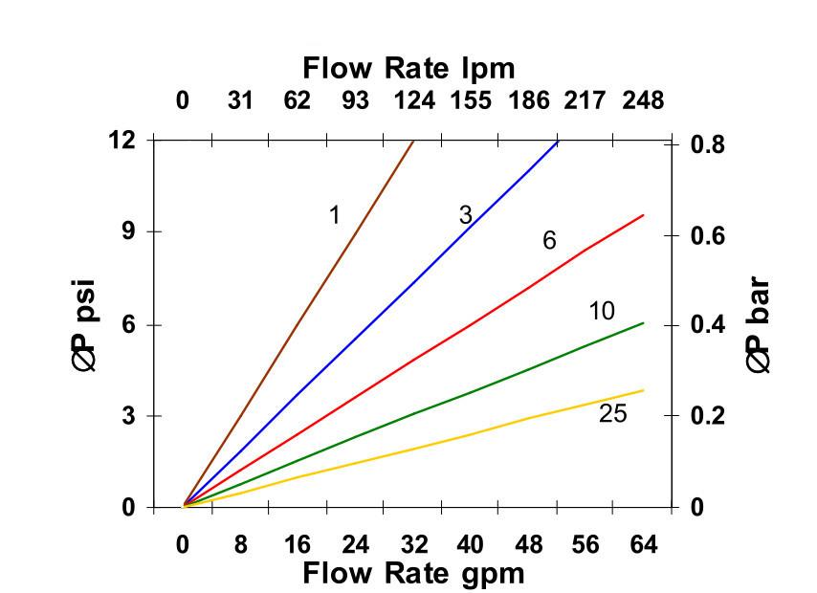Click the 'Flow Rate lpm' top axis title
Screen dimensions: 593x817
point(408,69)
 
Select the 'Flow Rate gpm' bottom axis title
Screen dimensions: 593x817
point(413,573)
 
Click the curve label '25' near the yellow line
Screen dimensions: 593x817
point(612,414)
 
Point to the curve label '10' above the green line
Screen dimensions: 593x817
point(602,311)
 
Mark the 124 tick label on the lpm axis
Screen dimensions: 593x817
point(412,100)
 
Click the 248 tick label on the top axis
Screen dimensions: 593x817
point(642,100)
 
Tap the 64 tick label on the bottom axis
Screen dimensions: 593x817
point(642,545)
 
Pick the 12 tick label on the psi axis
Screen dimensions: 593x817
point(123,140)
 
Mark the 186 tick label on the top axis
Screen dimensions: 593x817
point(527,100)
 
